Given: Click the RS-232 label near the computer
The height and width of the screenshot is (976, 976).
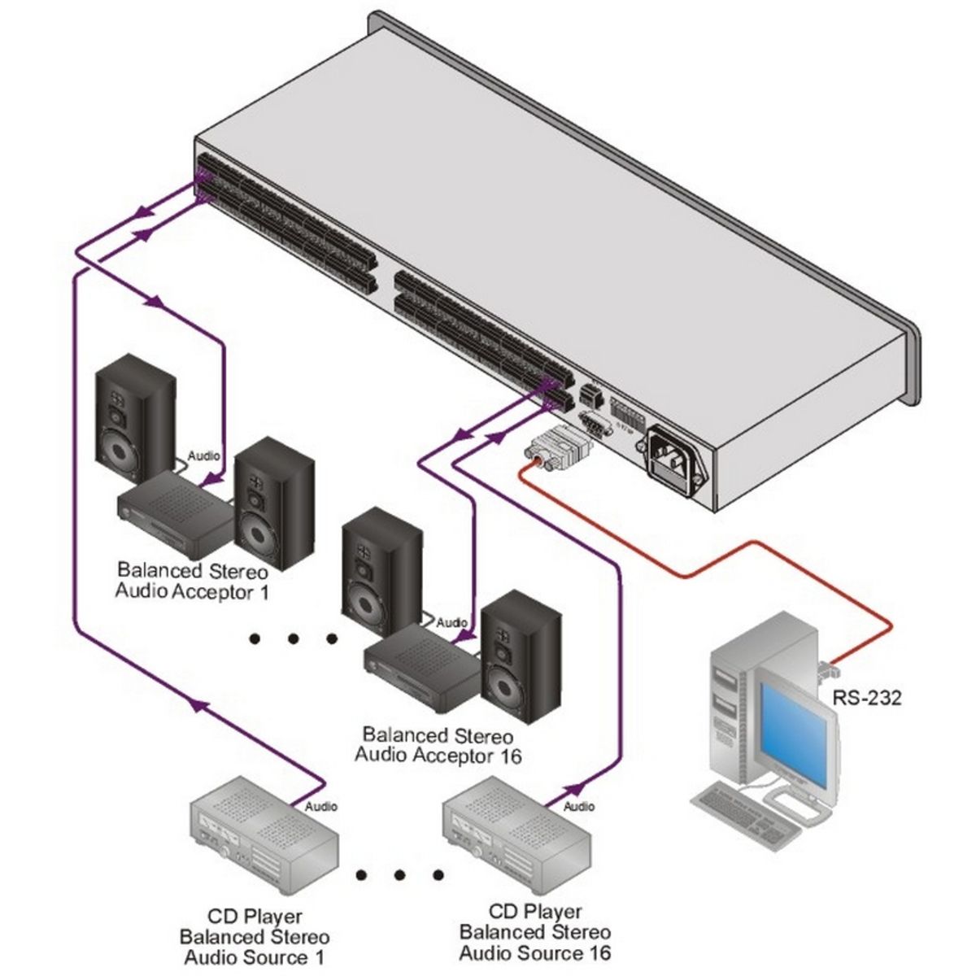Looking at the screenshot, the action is (x=866, y=698).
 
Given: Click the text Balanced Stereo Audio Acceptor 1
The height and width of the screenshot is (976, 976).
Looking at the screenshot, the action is (x=192, y=581).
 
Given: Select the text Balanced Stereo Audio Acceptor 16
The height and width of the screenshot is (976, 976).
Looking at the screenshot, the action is (x=438, y=745).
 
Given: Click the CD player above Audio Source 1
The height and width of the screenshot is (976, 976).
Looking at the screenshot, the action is (x=264, y=843).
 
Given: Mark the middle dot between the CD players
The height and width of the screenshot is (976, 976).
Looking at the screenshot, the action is (x=399, y=874).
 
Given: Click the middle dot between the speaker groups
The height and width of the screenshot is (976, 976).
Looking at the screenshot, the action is (x=293, y=639).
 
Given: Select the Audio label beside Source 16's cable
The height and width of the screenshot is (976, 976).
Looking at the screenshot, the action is (x=579, y=806).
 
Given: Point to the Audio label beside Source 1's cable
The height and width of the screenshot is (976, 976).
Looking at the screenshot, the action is (x=320, y=806).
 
